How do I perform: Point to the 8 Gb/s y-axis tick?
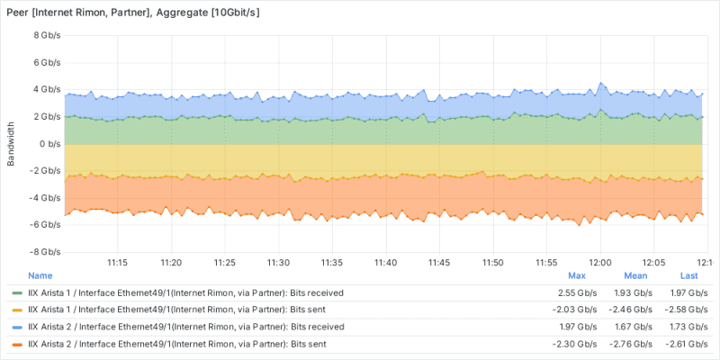tap(47, 36)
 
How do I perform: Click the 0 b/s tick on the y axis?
tap(49, 144)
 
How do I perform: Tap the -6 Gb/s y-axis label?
tap(45, 225)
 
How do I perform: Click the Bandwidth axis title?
tap(11, 144)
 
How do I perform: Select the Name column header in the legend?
tap(40, 276)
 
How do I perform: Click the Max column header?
tap(577, 276)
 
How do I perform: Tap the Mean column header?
tap(636, 276)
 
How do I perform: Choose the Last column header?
tap(689, 276)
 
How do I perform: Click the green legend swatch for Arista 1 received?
tap(17, 293)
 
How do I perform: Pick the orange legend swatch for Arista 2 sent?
tap(17, 345)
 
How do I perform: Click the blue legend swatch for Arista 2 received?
tap(17, 328)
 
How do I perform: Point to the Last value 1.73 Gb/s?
tap(686, 328)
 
